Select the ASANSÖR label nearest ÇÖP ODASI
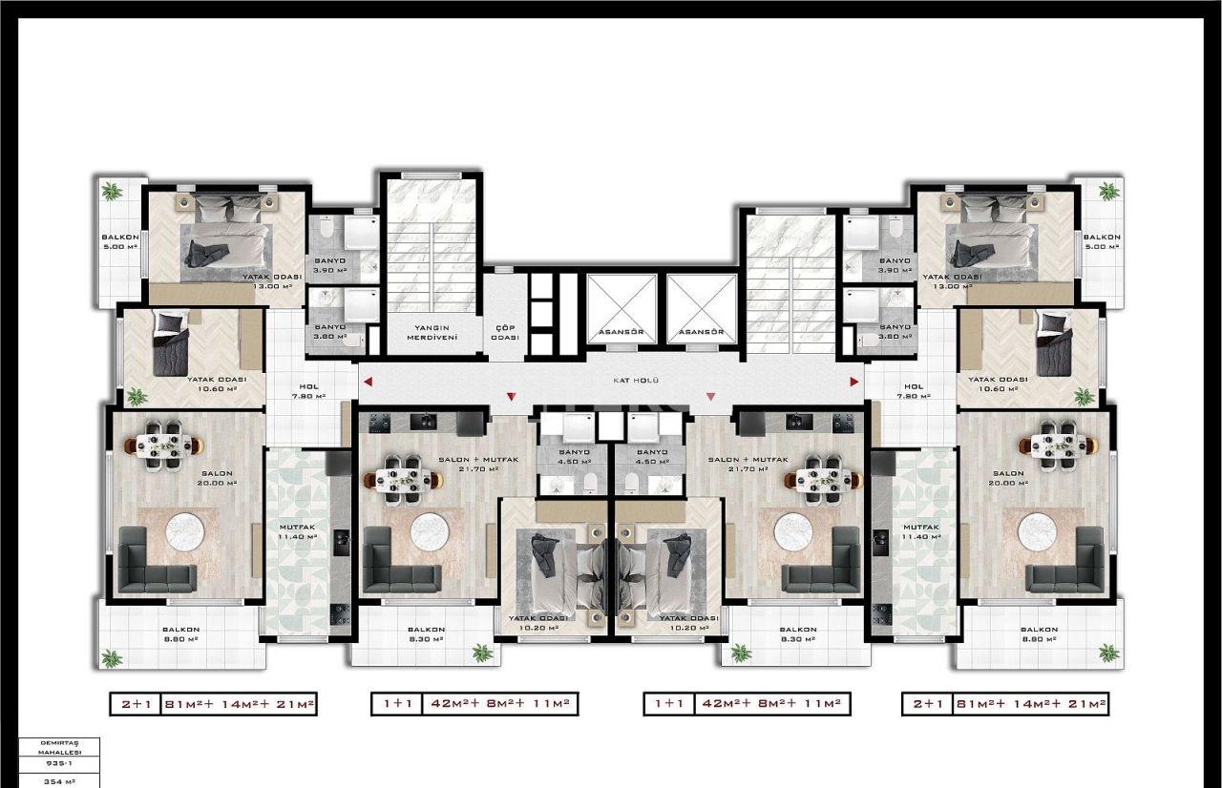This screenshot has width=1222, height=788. coord(621,333)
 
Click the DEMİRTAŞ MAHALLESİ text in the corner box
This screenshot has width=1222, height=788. coord(60,746)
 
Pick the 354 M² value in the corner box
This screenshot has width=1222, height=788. coord(60,781)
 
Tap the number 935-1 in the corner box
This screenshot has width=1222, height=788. coord(60,764)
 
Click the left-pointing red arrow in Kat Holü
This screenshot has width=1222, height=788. coord(368,382)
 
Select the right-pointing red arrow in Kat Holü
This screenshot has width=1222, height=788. coord(854,382)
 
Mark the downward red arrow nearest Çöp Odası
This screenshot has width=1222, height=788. coord(512,396)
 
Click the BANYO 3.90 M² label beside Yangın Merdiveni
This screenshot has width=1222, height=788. coord(329,265)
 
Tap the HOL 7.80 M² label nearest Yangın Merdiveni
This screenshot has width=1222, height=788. coord(307,391)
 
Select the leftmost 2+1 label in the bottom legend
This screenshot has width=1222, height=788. coord(136,705)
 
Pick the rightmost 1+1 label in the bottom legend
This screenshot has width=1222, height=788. coord(668,705)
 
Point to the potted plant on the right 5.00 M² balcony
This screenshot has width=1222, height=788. coord(1108,192)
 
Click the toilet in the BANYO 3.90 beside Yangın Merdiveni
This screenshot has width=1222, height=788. coord(327,229)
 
